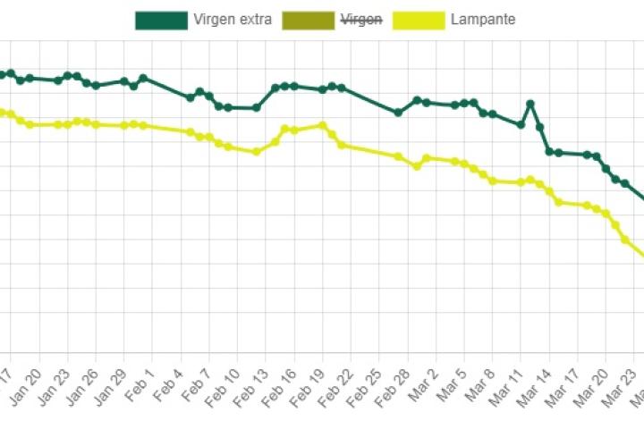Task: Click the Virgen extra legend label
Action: coord(231,20)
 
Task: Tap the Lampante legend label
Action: coord(483,20)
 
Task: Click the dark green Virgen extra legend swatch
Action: coord(161,20)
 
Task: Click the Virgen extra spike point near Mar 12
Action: coord(530,104)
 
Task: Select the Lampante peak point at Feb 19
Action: coord(322,125)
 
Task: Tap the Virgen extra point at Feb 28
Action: coord(398,113)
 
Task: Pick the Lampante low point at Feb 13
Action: coord(256,152)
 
